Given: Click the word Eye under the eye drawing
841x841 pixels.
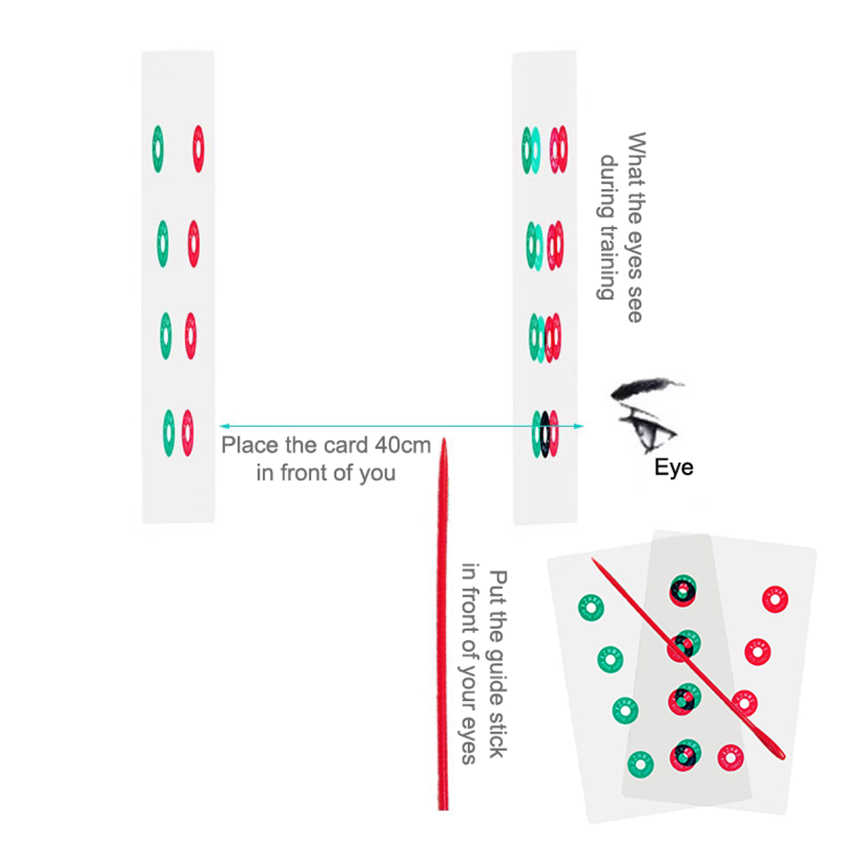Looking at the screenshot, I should [673, 467].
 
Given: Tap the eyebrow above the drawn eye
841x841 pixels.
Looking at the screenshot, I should [644, 387].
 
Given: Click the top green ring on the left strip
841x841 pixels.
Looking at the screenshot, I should [158, 149].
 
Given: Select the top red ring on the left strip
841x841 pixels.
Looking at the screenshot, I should [198, 149].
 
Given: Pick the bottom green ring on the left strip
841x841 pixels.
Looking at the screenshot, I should [169, 433].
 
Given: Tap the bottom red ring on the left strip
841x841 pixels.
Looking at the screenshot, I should [188, 433].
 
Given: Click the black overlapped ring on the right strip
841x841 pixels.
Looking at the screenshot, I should [545, 434].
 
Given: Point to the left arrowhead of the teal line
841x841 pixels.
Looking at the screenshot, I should [224, 426].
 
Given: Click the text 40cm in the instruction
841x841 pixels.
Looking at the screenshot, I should [403, 446].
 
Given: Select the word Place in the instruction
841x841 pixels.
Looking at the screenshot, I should [250, 446].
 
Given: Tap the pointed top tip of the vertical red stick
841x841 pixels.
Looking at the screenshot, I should [444, 442].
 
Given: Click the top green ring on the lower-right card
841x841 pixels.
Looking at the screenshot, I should [591, 608].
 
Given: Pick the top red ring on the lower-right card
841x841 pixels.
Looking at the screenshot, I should [775, 599].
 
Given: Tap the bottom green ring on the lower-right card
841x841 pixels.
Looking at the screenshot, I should [640, 764].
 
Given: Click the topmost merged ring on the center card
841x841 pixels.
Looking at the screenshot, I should [683, 591].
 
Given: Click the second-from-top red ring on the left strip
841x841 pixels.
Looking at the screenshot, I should [193, 244].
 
